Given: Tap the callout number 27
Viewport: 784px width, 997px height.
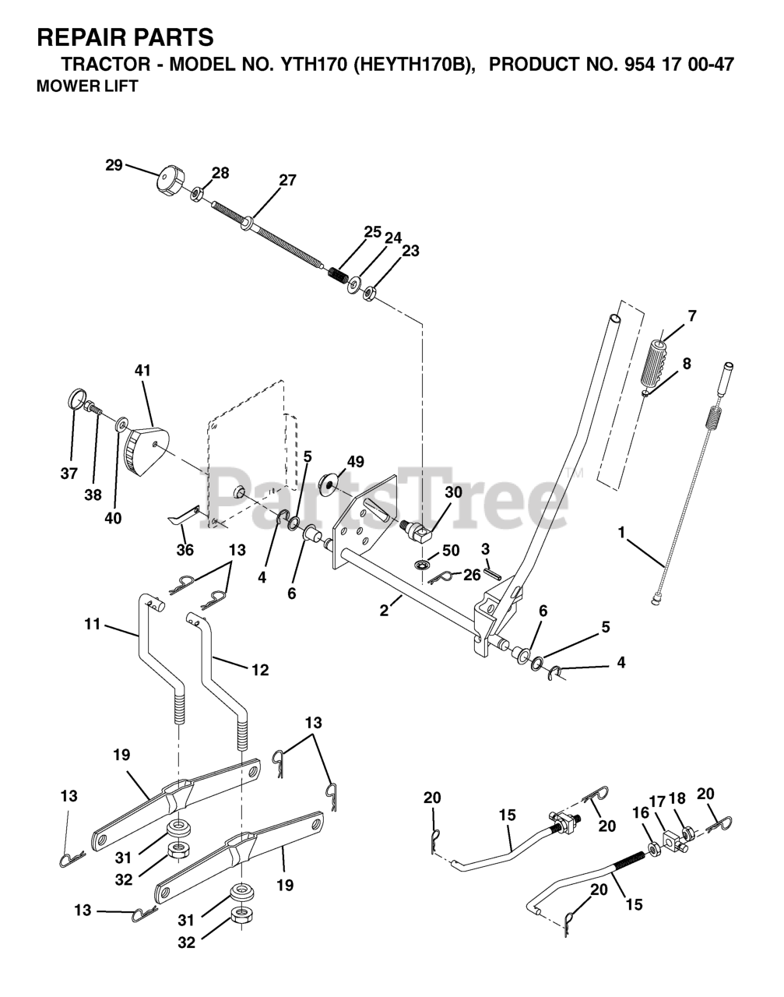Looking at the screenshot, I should click(x=287, y=180).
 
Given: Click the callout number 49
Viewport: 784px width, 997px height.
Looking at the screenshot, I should click(x=355, y=462).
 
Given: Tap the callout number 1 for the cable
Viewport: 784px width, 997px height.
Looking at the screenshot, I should click(x=621, y=532).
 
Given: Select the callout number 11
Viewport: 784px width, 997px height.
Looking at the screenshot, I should click(x=93, y=623).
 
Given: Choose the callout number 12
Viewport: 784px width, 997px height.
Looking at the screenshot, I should click(x=260, y=669).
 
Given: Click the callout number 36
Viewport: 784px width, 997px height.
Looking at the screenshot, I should click(x=185, y=550).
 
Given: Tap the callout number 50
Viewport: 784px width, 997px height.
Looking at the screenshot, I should click(x=451, y=551).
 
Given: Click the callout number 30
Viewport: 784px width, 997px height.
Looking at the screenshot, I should click(x=453, y=493).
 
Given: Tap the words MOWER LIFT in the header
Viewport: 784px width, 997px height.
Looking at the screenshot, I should click(x=87, y=86).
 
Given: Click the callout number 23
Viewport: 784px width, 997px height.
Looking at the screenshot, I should click(x=410, y=251).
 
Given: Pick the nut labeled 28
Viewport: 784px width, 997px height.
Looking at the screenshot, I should click(x=198, y=192).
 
